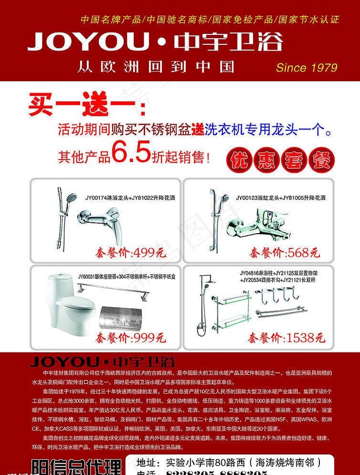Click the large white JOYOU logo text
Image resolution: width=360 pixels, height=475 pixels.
pos(88,41)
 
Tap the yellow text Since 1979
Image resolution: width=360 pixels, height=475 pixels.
pos(307,67)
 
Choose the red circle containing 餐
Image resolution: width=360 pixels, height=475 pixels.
pos(322,161)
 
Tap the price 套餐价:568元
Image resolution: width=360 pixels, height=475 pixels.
pos(284,253)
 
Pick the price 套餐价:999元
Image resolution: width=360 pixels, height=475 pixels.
pos(130,338)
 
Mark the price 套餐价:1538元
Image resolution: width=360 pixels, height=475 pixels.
pos(286,338)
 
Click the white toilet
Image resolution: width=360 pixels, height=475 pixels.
pos(69,304)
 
